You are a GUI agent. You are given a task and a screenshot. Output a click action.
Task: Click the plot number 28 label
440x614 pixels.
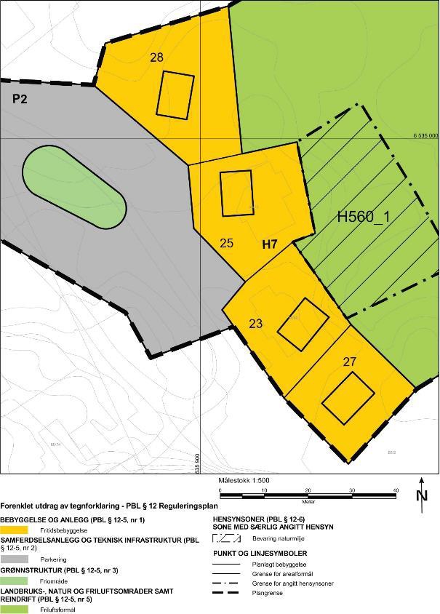click(x=156, y=57)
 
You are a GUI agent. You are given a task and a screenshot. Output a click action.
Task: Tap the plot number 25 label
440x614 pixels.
click(x=226, y=243)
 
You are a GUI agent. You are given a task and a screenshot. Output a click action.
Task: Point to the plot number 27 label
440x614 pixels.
click(x=350, y=361)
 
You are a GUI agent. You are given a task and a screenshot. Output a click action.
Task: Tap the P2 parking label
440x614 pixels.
click(x=20, y=98)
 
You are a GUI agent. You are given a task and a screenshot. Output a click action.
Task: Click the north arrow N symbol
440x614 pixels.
click(x=422, y=495)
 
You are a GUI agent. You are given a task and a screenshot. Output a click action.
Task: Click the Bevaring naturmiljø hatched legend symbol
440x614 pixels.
click(x=228, y=539)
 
